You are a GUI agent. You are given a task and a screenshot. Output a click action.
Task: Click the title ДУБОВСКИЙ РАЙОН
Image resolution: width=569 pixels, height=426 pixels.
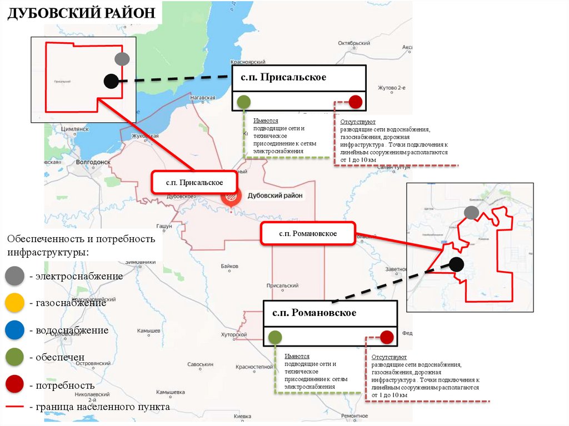pos(81,13)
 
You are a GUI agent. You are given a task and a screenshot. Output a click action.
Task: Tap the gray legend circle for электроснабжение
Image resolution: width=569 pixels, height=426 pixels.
pos(13,275)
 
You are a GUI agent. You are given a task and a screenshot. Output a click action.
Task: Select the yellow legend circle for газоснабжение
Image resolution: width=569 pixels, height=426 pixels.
pos(13,303)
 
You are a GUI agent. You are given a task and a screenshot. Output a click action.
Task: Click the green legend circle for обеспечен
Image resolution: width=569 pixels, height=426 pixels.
pos(13,357)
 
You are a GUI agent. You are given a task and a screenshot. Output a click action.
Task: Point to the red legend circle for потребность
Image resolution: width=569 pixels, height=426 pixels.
pos(13,384)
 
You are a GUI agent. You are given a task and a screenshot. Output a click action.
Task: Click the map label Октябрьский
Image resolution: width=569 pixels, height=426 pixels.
pos(354,43)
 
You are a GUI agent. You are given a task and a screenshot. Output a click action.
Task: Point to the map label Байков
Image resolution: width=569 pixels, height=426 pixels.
pos(229,266)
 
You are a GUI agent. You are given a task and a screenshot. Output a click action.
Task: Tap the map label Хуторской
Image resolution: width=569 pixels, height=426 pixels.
pos(233,335)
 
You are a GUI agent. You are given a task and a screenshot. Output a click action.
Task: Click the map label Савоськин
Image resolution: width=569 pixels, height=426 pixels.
pos(200,364)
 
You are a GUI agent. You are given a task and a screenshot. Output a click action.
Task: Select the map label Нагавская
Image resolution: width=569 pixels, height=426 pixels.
pos(203,98)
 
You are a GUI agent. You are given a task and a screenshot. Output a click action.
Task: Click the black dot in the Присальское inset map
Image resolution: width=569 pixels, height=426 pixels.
pos(111,81)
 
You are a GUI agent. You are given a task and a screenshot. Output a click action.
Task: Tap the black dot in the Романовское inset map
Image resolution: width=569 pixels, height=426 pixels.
pos(456,264)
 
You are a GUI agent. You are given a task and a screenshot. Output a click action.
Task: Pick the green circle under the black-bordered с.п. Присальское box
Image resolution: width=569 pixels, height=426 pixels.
pos(243,102)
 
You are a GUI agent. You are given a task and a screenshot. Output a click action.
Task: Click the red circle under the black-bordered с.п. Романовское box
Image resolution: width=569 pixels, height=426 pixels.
pos(387,337)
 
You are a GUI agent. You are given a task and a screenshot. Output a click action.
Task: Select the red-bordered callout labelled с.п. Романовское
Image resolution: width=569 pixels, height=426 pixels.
pos(308,233)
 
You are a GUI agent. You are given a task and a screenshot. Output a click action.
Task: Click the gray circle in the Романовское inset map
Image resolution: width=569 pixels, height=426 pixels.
pos(471,212)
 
